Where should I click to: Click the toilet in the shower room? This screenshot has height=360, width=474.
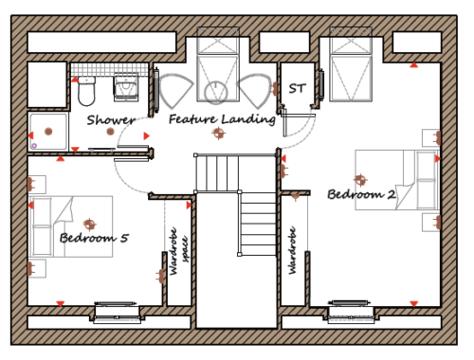pos(86,91)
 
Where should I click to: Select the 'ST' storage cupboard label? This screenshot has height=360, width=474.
pos(298,89)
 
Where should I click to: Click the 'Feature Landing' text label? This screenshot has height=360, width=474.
pos(222,119)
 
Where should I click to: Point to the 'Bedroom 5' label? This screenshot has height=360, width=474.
pos(94,238)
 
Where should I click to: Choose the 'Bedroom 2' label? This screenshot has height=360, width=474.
pos(361,194)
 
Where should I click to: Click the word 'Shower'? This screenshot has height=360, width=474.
pos(111,120)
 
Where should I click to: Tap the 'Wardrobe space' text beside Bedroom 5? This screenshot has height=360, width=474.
pos(179,251)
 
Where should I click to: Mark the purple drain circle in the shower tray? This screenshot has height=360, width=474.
pos(34,146)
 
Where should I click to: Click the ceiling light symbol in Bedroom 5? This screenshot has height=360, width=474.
pos(90,225)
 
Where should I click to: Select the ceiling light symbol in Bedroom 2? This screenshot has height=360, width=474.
pos(360,180)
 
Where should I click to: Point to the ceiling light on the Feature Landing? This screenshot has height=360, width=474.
pos(219,133)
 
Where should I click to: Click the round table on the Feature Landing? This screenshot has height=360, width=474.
pos(216,93)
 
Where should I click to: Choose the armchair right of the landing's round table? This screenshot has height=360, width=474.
pos(255,90)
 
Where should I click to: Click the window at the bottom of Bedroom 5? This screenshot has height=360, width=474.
pos(117,312)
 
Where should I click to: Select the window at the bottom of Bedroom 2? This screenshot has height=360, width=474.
pos(351,312)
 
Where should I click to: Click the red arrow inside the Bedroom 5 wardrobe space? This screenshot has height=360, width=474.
pos(189,206)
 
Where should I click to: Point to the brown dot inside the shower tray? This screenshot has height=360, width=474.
pos(48,132)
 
